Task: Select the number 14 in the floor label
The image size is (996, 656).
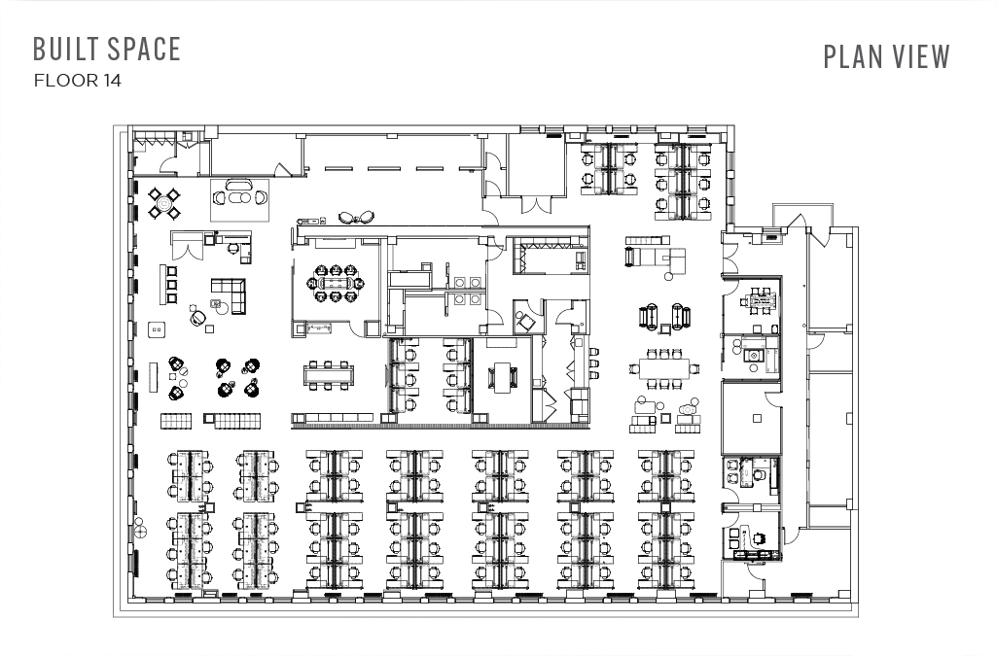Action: pyautogui.click(x=111, y=81)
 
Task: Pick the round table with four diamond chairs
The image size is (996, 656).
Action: pyautogui.click(x=164, y=203)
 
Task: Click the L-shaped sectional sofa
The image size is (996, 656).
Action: pyautogui.click(x=230, y=294)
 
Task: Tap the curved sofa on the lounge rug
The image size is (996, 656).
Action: pyautogui.click(x=240, y=186)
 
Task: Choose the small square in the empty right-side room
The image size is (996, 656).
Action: pyautogui.click(x=757, y=418)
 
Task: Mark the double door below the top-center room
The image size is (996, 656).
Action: pyautogui.click(x=536, y=204)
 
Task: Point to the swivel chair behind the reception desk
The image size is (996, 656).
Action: pyautogui.click(x=232, y=247)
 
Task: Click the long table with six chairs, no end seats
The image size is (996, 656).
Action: pyautogui.click(x=328, y=374)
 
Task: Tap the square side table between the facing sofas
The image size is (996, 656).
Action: pyautogui.click(x=664, y=328)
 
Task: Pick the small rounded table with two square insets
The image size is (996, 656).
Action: pyautogui.click(x=157, y=329)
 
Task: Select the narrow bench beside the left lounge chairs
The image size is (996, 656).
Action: pyautogui.click(x=153, y=377)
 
